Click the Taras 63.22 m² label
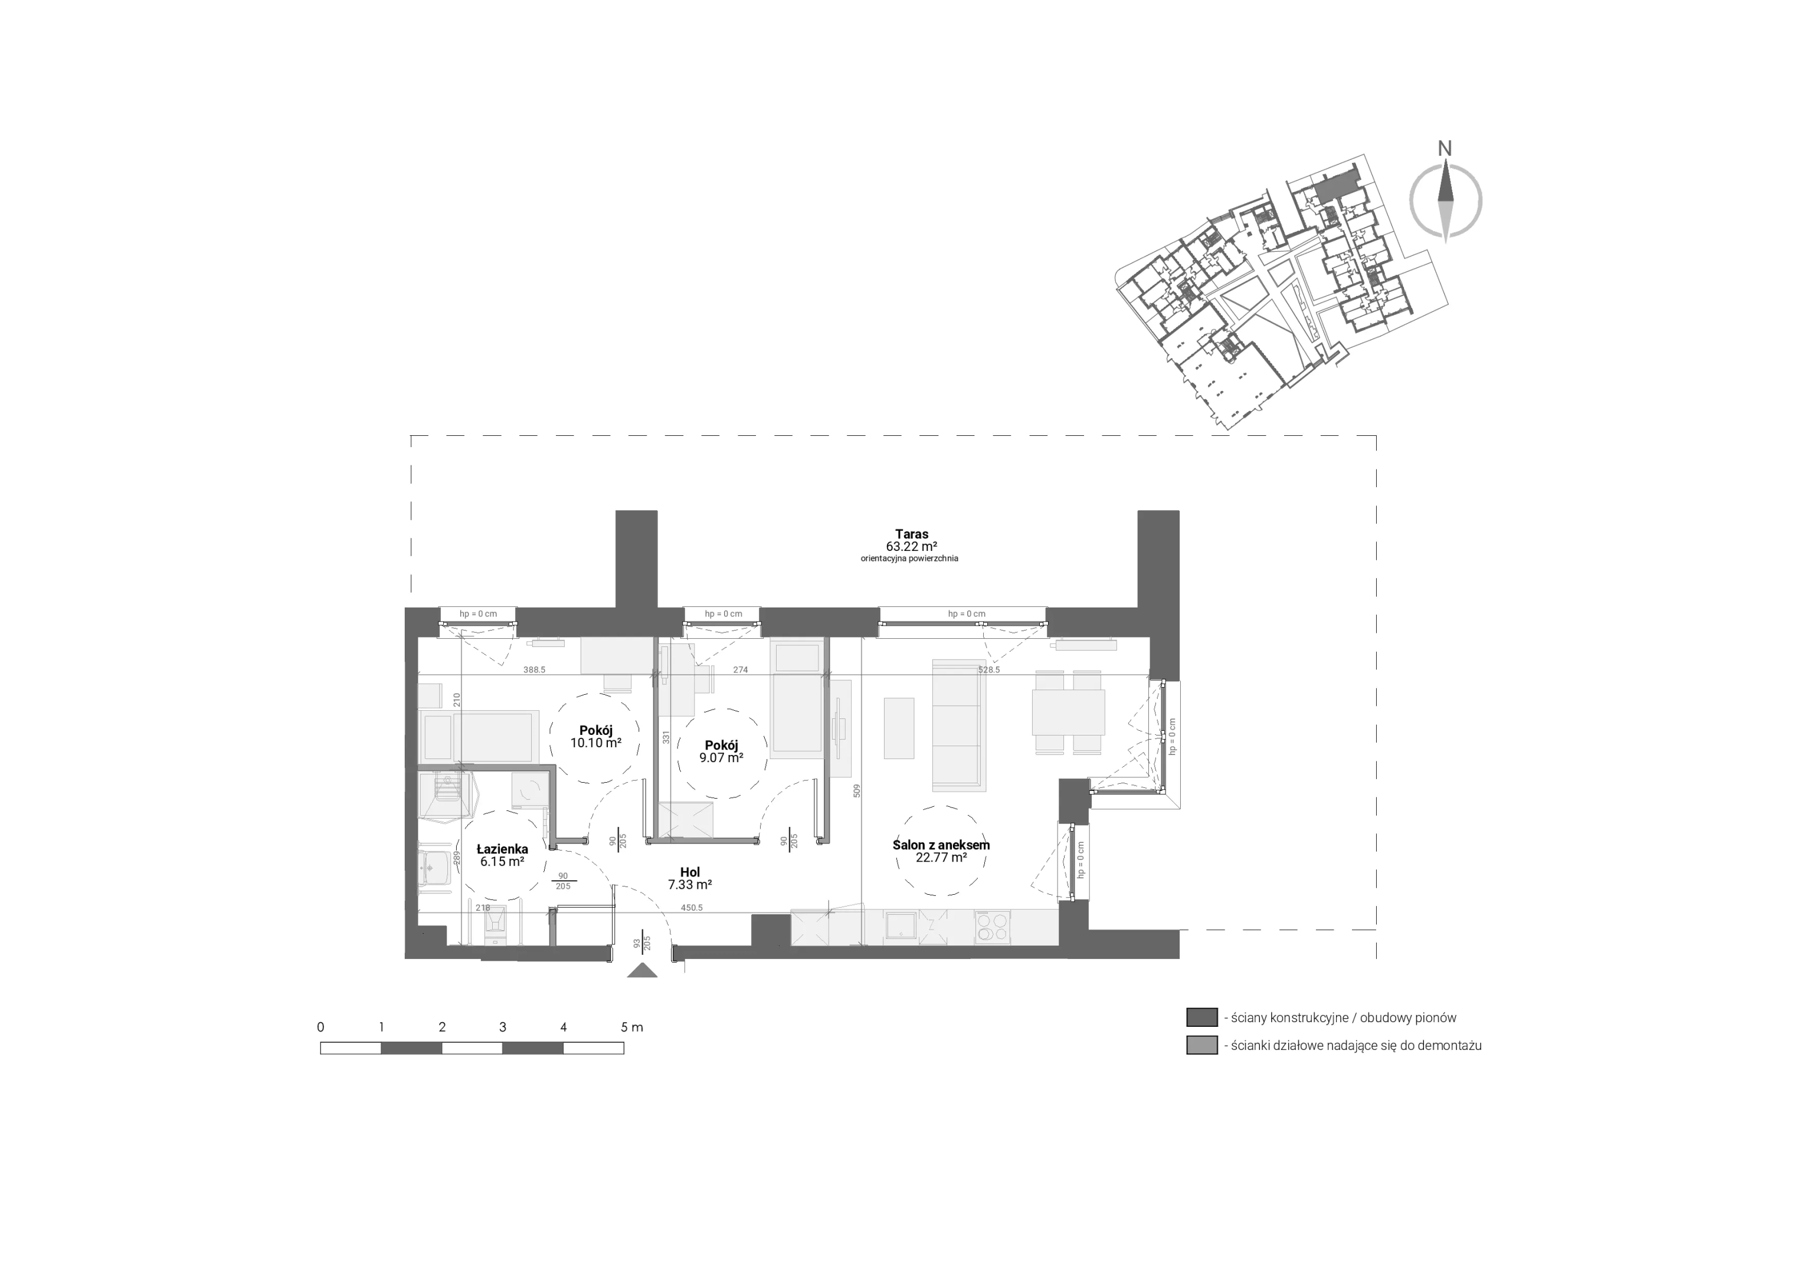point(911,540)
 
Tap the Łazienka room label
point(503,855)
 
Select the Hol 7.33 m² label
point(690,878)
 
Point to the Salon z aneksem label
point(941,852)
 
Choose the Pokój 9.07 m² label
point(721,751)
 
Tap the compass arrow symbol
point(1446,201)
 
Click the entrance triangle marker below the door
point(643,971)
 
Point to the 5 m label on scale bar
point(631,1027)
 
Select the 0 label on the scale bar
point(320,1027)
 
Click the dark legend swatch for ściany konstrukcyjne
point(1201,1017)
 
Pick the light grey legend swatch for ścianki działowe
point(1201,1045)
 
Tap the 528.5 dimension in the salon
point(988,670)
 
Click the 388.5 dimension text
point(534,670)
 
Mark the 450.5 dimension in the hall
point(692,907)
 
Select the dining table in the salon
point(1068,712)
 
